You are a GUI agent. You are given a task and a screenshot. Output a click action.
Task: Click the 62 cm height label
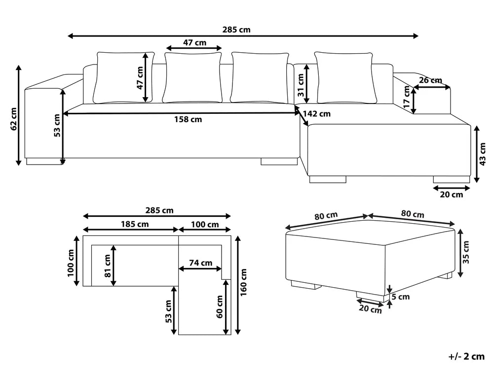[x=13, y=119]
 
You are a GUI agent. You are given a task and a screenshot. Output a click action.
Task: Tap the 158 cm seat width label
[x=188, y=120]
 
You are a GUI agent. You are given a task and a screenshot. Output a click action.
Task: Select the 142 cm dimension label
[x=317, y=114]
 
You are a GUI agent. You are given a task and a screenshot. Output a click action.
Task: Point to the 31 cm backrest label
[x=301, y=85]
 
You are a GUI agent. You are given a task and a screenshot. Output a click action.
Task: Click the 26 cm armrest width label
[x=430, y=80]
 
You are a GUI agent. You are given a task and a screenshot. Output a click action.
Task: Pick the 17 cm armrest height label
[x=407, y=97]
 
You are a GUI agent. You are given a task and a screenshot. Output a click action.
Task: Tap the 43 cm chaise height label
[x=483, y=154]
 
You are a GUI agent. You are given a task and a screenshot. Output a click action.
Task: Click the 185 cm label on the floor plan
[x=135, y=224]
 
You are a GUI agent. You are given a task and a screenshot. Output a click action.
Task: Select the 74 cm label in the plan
[x=200, y=263]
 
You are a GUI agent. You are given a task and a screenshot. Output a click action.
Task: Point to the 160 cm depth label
[x=243, y=282]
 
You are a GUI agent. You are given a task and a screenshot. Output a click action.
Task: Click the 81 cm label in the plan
[x=108, y=266]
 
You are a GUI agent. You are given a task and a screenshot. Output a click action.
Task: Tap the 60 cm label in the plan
[x=220, y=307]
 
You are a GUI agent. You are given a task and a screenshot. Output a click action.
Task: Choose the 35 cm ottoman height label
[x=466, y=252]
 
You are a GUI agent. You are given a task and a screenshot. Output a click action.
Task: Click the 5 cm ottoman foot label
[x=401, y=297]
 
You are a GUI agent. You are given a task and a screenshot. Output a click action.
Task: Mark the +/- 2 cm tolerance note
[x=466, y=357]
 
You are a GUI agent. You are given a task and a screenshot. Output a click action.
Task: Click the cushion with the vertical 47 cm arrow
[x=124, y=77]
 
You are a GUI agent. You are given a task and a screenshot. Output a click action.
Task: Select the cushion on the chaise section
[x=345, y=77]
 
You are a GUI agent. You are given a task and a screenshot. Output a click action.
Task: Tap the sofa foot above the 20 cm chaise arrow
[x=452, y=180]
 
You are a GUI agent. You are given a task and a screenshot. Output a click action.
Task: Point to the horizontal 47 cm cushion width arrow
[x=194, y=48]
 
